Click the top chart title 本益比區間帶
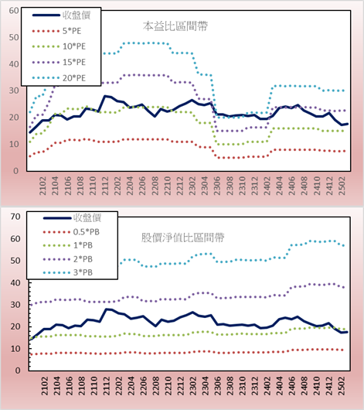[x=175, y=26]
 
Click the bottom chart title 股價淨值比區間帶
[x=182, y=237]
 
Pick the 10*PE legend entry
[x=59, y=46]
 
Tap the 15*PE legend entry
[x=59, y=62]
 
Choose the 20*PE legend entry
[x=59, y=78]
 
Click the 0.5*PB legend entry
[x=71, y=232]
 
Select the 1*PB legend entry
[x=68, y=245]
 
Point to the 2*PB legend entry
[x=68, y=259]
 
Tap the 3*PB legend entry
[x=68, y=272]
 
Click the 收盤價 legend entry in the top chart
[x=61, y=15]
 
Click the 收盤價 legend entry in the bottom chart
[x=72, y=218]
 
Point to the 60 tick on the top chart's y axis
[x=14, y=11]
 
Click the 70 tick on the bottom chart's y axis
[x=15, y=217]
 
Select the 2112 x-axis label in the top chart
[x=105, y=186]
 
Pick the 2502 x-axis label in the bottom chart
[x=342, y=386]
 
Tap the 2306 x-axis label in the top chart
[x=217, y=186]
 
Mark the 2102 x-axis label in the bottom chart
[x=45, y=386]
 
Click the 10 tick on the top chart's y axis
[x=14, y=144]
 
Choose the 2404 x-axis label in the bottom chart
[x=280, y=386]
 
